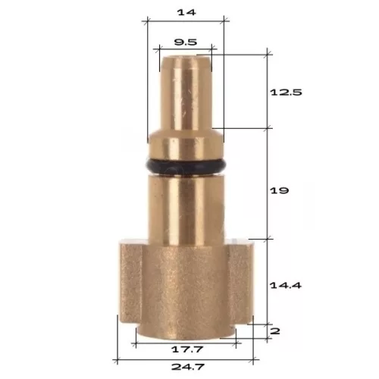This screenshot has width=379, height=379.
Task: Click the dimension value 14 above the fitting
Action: tap(186, 12)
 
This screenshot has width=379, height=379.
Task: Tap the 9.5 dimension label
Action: tap(186, 42)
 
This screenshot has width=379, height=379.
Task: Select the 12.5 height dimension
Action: tap(286, 92)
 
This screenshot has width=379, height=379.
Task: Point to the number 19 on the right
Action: tap(279, 190)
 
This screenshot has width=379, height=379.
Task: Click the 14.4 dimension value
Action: tap(286, 286)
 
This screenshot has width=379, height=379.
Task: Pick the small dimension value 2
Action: tap(275, 331)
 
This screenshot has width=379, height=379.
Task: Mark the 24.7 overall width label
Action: tap(187, 367)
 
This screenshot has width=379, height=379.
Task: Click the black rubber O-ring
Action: tap(186, 166)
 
